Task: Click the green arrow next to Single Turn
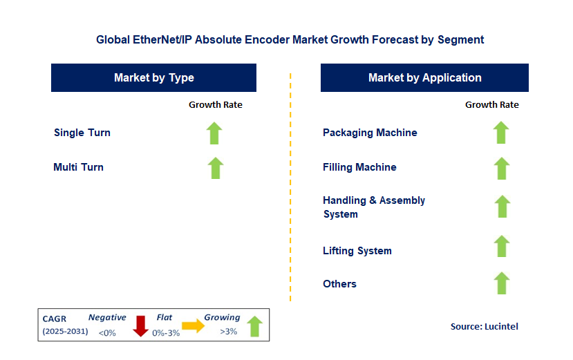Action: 214,133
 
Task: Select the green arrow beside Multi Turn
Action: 216,168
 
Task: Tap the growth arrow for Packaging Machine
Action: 501,132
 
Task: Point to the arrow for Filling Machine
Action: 502,168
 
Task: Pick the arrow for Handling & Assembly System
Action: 502,206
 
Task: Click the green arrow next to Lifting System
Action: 502,246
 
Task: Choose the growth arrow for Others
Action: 502,283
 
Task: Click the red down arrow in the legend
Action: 140,326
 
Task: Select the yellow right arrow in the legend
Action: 194,325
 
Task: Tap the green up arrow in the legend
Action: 255,326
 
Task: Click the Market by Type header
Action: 154,77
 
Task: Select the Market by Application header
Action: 424,77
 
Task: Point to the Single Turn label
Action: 82,133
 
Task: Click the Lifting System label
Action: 357,251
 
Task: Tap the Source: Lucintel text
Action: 485,326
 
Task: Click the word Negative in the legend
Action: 107,317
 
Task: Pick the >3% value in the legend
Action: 228,332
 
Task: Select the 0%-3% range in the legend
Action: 166,333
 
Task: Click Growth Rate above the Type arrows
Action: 216,104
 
